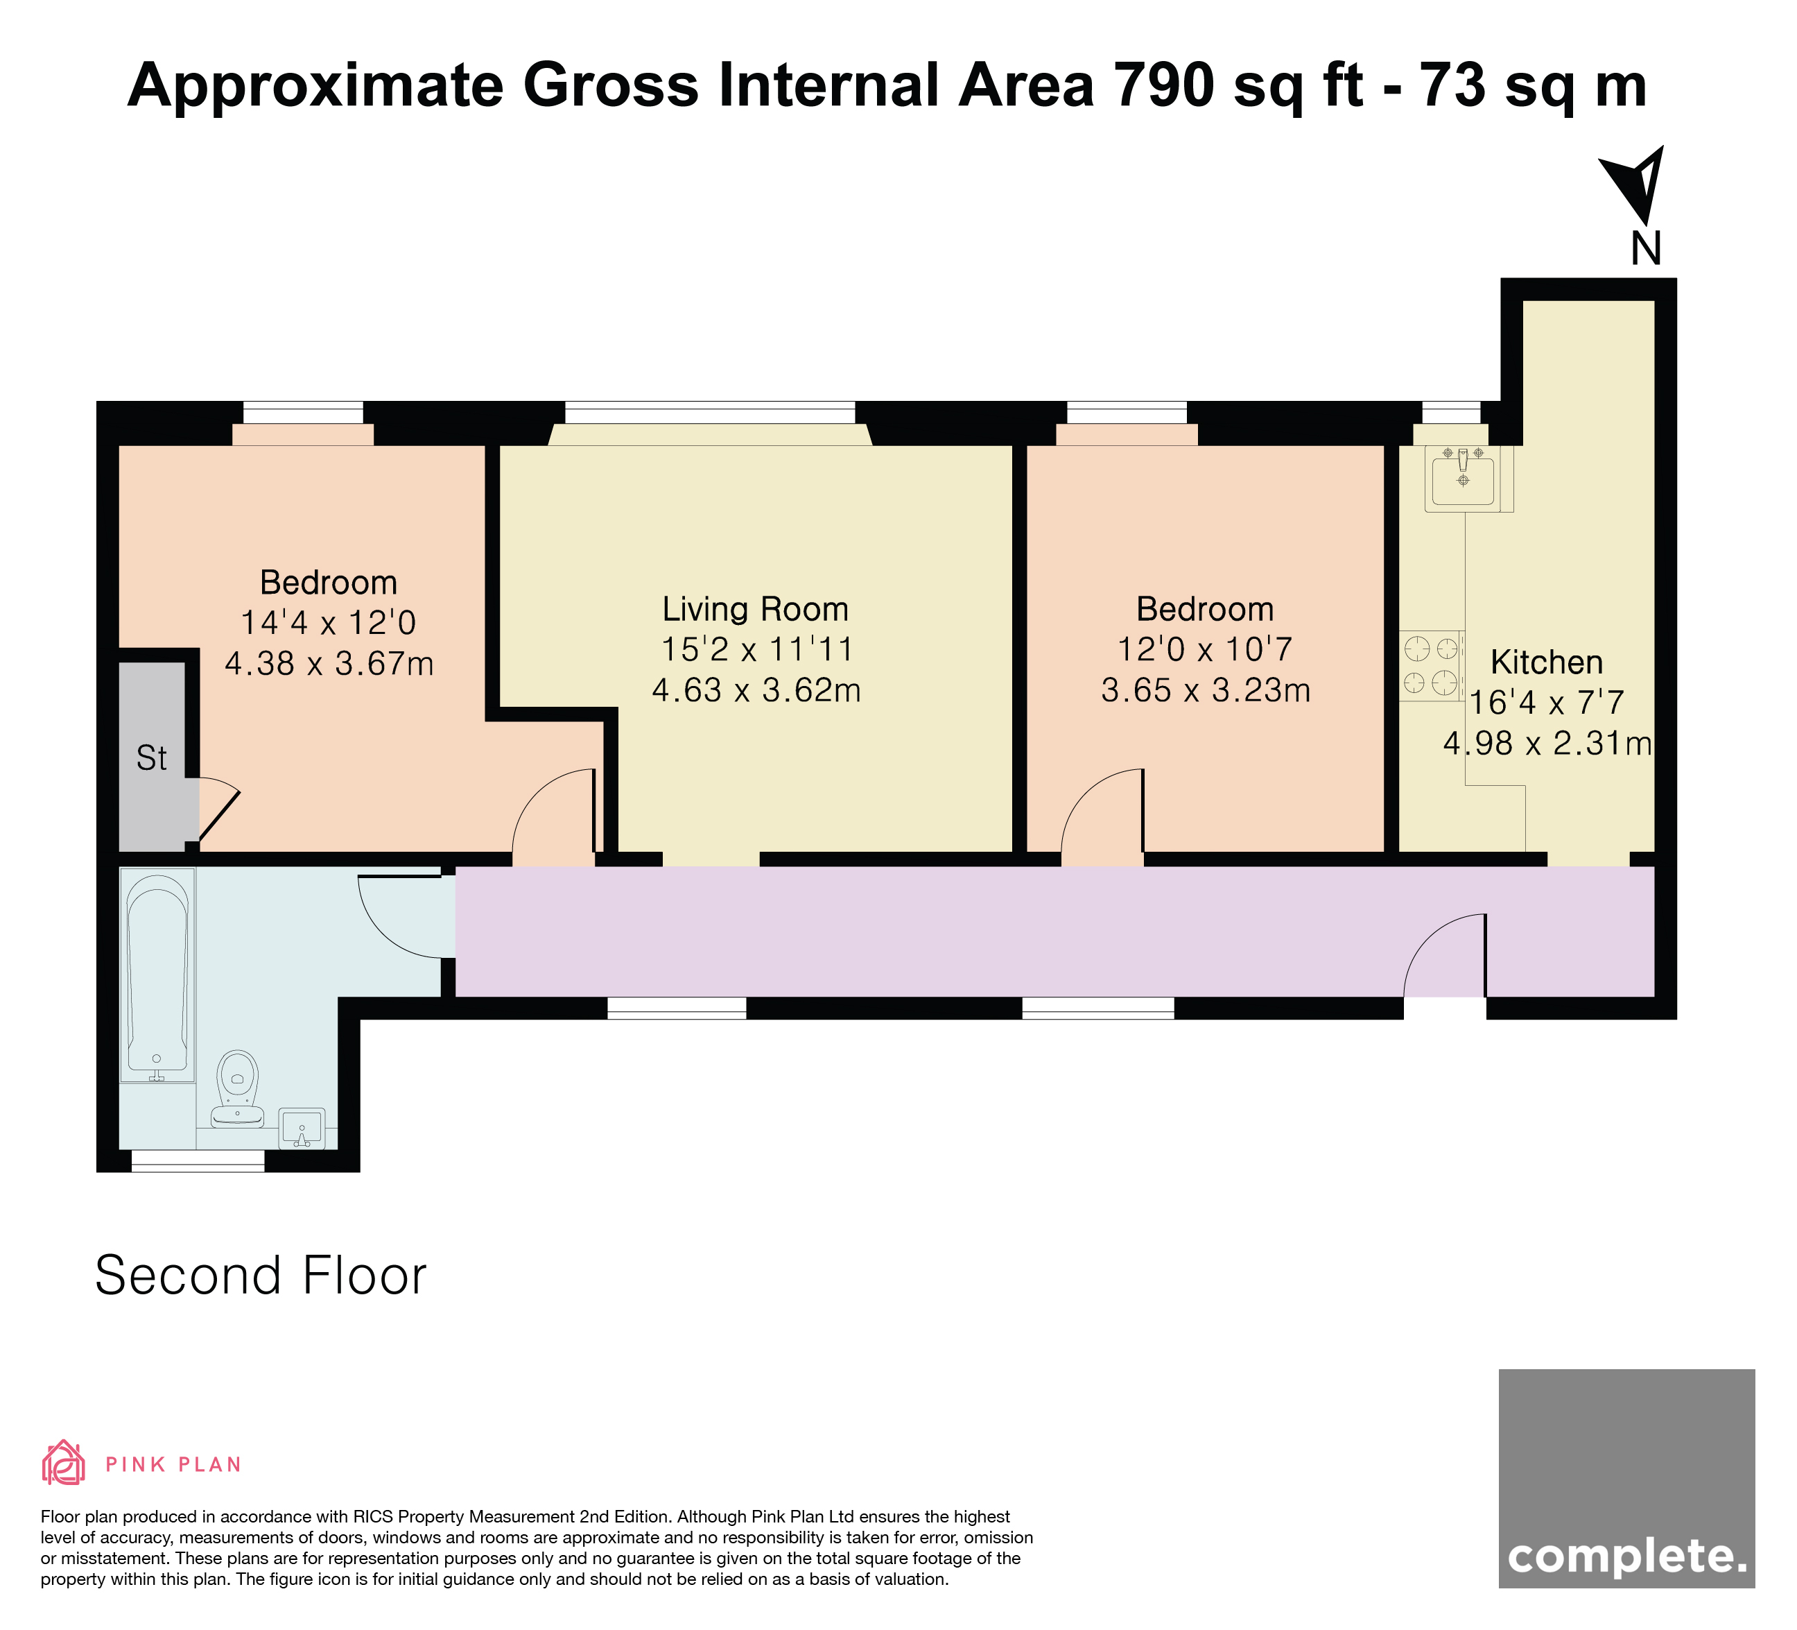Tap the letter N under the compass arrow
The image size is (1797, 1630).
point(1645,249)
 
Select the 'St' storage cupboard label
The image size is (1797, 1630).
point(152,758)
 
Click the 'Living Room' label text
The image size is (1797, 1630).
point(755,609)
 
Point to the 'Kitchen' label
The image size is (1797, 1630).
point(1547,662)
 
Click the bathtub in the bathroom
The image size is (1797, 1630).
point(158,975)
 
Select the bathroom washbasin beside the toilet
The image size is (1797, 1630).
point(302,1128)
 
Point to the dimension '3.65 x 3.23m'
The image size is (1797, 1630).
point(1205,691)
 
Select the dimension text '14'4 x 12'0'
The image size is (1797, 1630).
point(328,622)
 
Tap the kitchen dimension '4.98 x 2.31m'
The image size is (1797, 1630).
point(1547,743)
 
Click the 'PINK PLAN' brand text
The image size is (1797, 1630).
point(174,1465)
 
